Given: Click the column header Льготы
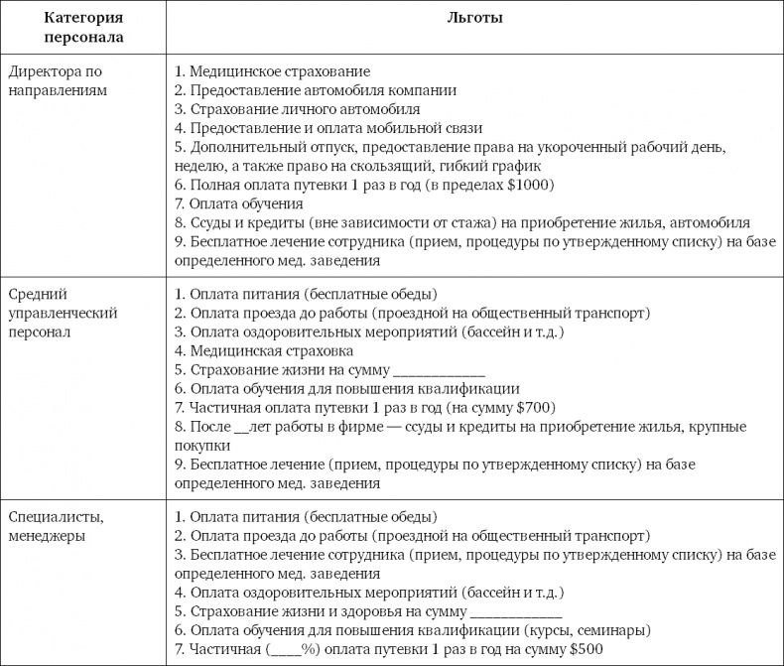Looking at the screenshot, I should coord(473,18).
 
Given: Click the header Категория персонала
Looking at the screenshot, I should coord(83,28).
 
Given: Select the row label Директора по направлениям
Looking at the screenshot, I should coord(57,80).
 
